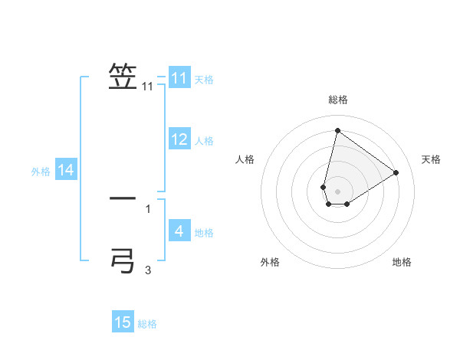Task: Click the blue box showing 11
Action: (x=179, y=78)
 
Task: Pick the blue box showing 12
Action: (x=179, y=139)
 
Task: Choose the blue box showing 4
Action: (x=179, y=231)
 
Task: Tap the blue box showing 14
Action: (x=66, y=170)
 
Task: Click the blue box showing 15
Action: (x=123, y=322)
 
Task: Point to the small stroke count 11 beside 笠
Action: (x=148, y=87)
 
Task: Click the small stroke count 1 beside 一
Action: (x=148, y=208)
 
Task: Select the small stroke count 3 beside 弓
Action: (x=148, y=270)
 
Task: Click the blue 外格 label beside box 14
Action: (x=41, y=172)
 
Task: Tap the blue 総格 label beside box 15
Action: (x=147, y=324)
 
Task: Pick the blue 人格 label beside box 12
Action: (x=204, y=141)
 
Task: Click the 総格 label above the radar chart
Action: (x=338, y=100)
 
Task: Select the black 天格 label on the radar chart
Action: (x=431, y=159)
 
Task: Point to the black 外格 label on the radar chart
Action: (x=270, y=262)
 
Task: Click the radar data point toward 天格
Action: (x=396, y=172)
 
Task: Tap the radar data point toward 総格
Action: (x=337, y=130)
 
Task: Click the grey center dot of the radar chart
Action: (x=337, y=191)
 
